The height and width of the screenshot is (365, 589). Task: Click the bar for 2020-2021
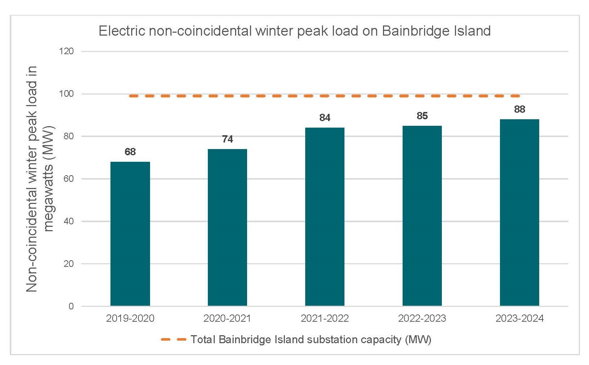tap(227, 228)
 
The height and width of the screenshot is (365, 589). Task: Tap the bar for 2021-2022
tap(325, 217)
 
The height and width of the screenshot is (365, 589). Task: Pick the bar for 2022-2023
tap(422, 216)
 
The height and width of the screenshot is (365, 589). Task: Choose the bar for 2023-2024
tap(520, 213)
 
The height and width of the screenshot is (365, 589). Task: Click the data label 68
tap(130, 152)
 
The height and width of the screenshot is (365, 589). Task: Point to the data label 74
tap(227, 139)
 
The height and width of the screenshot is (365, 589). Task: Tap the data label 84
tap(325, 118)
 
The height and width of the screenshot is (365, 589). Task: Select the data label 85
tap(422, 116)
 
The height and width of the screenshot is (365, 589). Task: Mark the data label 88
tap(520, 109)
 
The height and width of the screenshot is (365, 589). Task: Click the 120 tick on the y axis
tap(66, 51)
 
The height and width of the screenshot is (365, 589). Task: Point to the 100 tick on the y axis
tap(66, 94)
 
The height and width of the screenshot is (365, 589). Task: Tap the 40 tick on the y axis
tap(68, 221)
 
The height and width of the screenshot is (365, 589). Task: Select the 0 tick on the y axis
tap(71, 306)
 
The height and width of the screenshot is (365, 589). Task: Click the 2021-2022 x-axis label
tap(325, 318)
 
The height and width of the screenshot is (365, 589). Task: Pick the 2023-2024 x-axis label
tap(520, 318)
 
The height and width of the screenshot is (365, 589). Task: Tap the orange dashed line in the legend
tap(174, 340)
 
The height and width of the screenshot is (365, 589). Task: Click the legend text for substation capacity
tap(311, 340)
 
